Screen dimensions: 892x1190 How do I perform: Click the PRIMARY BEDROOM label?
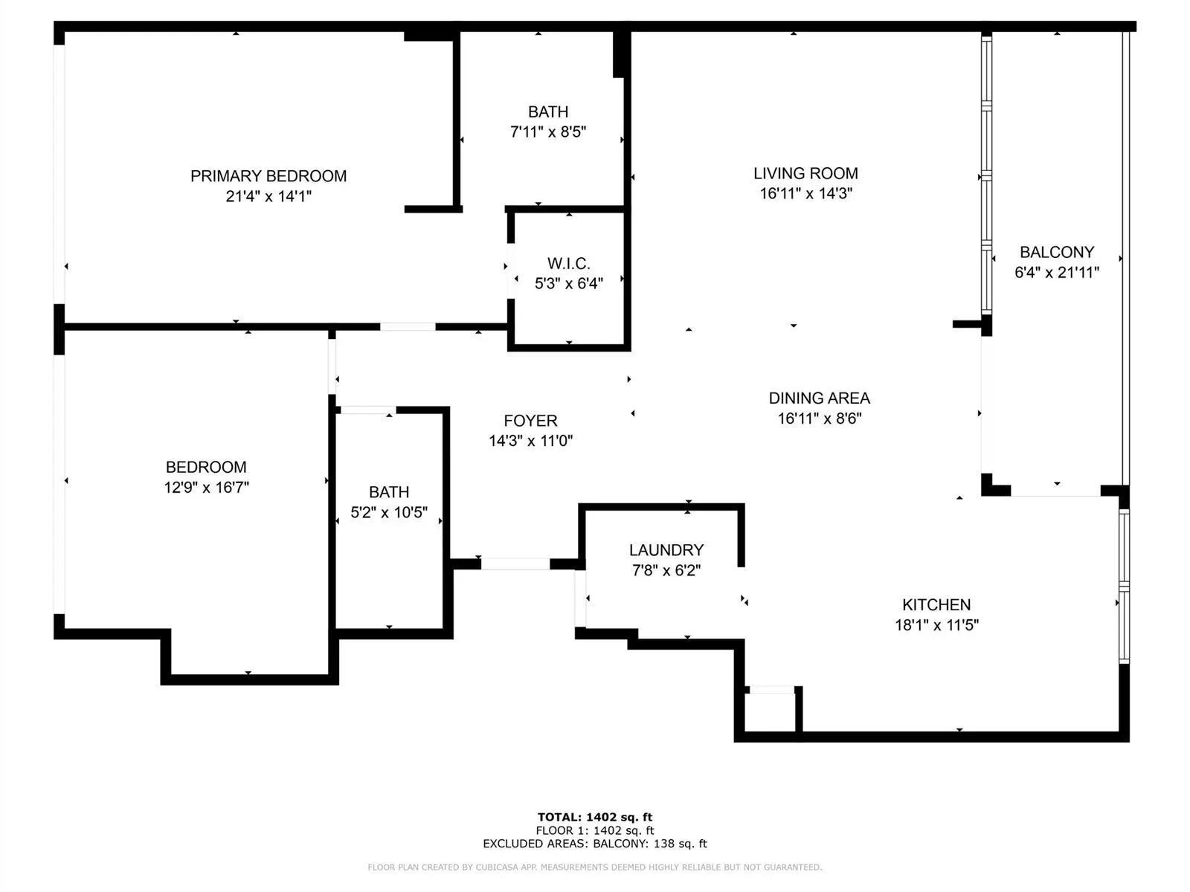(268, 176)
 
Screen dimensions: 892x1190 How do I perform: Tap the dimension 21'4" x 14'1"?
(268, 196)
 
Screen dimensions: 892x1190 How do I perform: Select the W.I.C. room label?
(569, 263)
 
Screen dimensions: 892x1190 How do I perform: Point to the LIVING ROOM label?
(805, 173)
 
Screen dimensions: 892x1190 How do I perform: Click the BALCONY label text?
(1056, 252)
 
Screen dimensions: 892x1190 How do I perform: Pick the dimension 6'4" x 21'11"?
(1056, 272)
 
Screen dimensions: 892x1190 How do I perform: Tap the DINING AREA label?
(819, 398)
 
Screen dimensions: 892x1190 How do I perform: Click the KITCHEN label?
(936, 604)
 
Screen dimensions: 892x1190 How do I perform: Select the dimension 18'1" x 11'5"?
(936, 625)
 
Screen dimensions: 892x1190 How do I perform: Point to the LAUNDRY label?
(666, 550)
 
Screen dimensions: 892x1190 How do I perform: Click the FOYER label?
(530, 421)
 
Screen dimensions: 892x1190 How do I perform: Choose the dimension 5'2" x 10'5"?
(389, 512)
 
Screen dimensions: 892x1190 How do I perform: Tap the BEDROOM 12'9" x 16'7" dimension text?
(206, 488)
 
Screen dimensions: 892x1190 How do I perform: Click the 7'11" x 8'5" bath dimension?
(548, 132)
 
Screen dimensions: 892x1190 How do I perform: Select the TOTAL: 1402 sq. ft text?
(595, 817)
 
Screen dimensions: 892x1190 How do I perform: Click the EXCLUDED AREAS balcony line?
(595, 844)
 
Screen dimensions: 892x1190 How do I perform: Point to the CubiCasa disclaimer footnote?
(595, 867)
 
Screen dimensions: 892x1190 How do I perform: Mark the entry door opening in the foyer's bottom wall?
(515, 564)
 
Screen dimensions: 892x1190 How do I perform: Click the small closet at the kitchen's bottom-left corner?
(771, 712)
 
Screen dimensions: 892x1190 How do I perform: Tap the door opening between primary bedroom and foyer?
(408, 326)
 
